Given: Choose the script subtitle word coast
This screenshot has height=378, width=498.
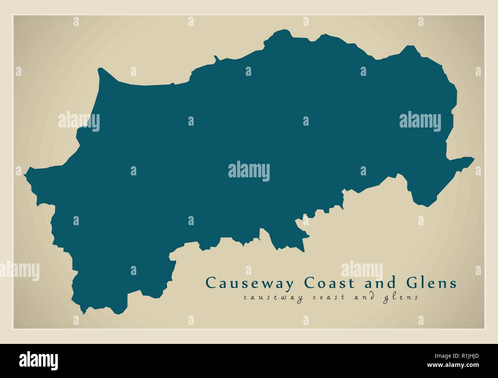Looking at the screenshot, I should point(327,298).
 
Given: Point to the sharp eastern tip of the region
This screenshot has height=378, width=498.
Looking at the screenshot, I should point(474,157).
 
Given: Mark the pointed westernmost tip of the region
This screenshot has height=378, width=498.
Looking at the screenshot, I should point(25,175).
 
